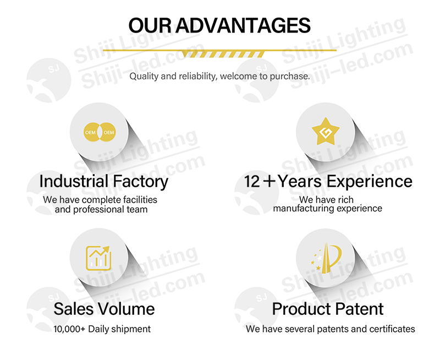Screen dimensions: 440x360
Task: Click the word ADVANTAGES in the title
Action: [x=243, y=25]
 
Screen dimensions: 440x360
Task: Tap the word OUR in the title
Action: [x=150, y=25]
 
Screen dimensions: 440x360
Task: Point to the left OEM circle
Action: [x=91, y=132]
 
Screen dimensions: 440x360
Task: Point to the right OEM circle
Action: [x=108, y=132]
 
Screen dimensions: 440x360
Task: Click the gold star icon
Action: [x=326, y=132]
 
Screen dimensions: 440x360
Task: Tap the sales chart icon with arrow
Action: [x=98, y=258]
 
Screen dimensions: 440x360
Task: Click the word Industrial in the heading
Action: [x=74, y=181]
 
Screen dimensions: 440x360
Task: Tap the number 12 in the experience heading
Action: [x=252, y=182]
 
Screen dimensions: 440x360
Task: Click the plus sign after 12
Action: [x=269, y=181]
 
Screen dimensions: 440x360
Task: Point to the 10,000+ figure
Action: [x=69, y=329]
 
